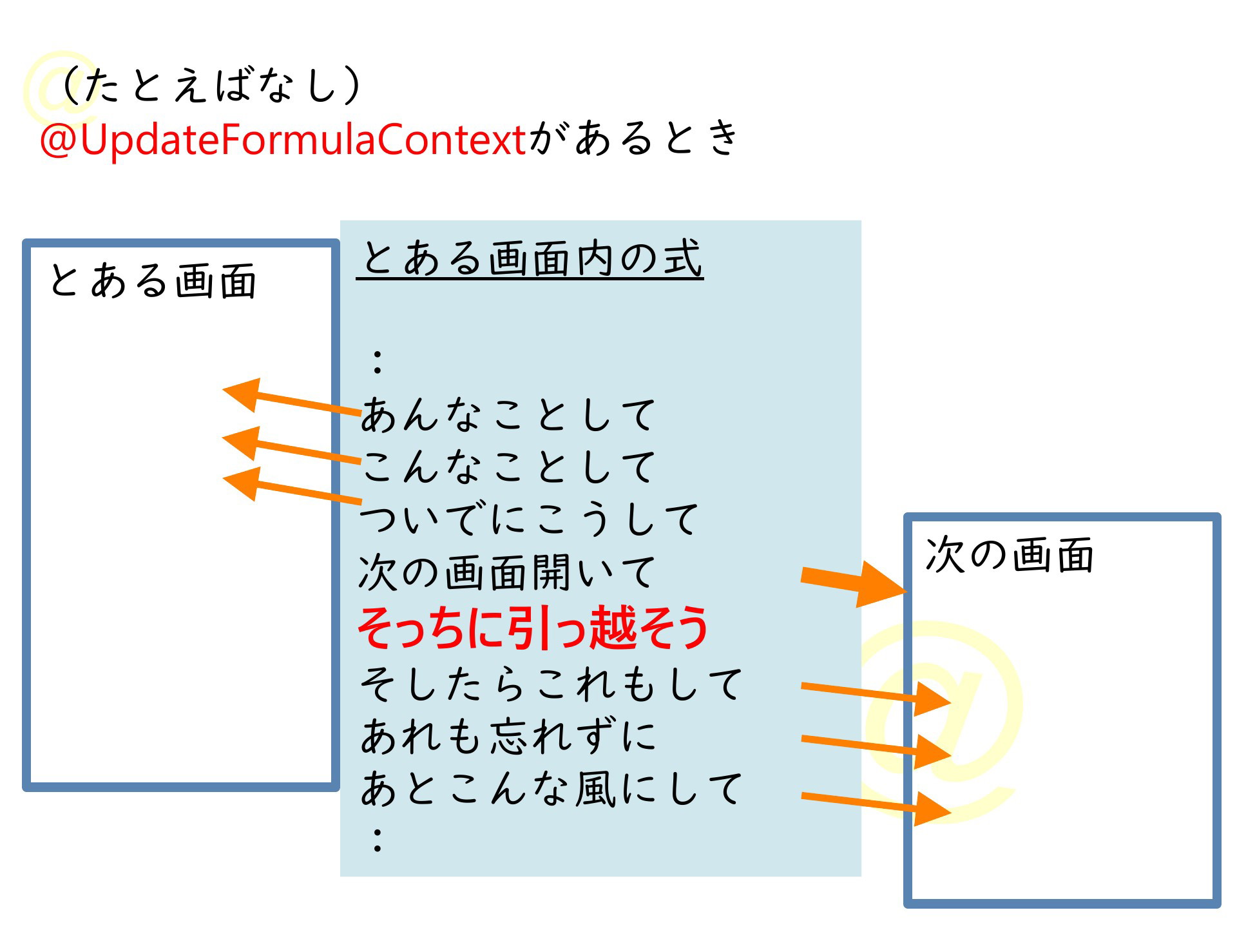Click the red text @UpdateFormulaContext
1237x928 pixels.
[283, 139]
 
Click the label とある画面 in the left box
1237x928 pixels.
[153, 281]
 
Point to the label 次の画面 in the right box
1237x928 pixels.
[1010, 555]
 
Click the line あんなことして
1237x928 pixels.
[508, 414]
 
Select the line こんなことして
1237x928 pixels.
[508, 467]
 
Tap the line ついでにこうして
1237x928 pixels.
[529, 519]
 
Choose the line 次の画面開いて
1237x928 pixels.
[507, 572]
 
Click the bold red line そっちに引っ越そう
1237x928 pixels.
[533, 627]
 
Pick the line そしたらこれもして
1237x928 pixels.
[551, 684]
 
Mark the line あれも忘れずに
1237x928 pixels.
[508, 736]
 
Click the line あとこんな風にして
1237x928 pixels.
[551, 789]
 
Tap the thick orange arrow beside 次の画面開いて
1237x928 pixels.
[854, 583]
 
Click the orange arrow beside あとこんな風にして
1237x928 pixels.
[876, 806]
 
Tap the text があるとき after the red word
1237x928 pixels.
[634, 139]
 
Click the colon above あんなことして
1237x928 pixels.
[378, 362]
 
